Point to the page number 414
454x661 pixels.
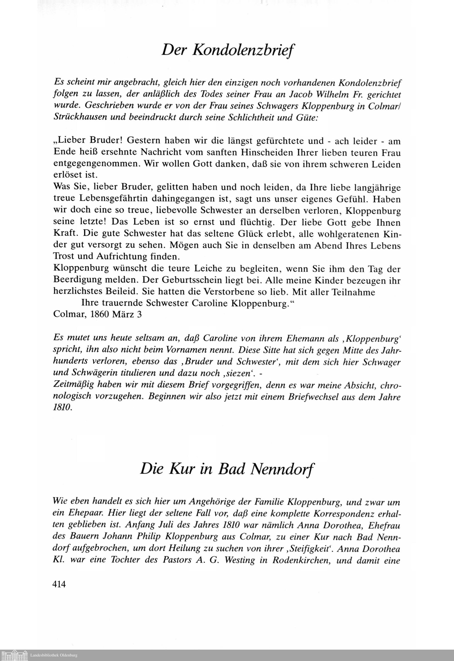coord(59,584)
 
